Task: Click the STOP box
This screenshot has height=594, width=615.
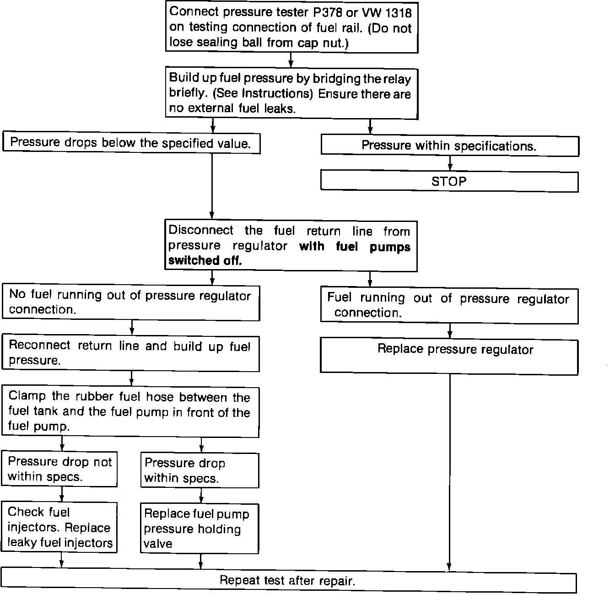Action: [449, 182]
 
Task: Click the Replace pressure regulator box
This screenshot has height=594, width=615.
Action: [449, 356]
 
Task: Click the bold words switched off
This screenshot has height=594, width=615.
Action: [205, 261]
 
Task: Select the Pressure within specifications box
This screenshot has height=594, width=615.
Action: [449, 146]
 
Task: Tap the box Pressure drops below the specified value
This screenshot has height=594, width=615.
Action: [131, 143]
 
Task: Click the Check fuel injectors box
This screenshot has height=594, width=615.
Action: [59, 527]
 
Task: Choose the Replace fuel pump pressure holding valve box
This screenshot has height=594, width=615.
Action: [199, 529]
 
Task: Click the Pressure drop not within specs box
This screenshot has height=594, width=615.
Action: [59, 469]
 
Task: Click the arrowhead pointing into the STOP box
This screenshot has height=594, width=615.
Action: [450, 167]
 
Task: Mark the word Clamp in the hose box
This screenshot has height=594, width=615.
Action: [27, 396]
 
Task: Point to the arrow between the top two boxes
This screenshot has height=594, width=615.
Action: [291, 60]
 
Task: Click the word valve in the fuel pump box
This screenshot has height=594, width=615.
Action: [158, 544]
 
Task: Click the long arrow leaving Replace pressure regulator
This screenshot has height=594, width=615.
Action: [450, 471]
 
